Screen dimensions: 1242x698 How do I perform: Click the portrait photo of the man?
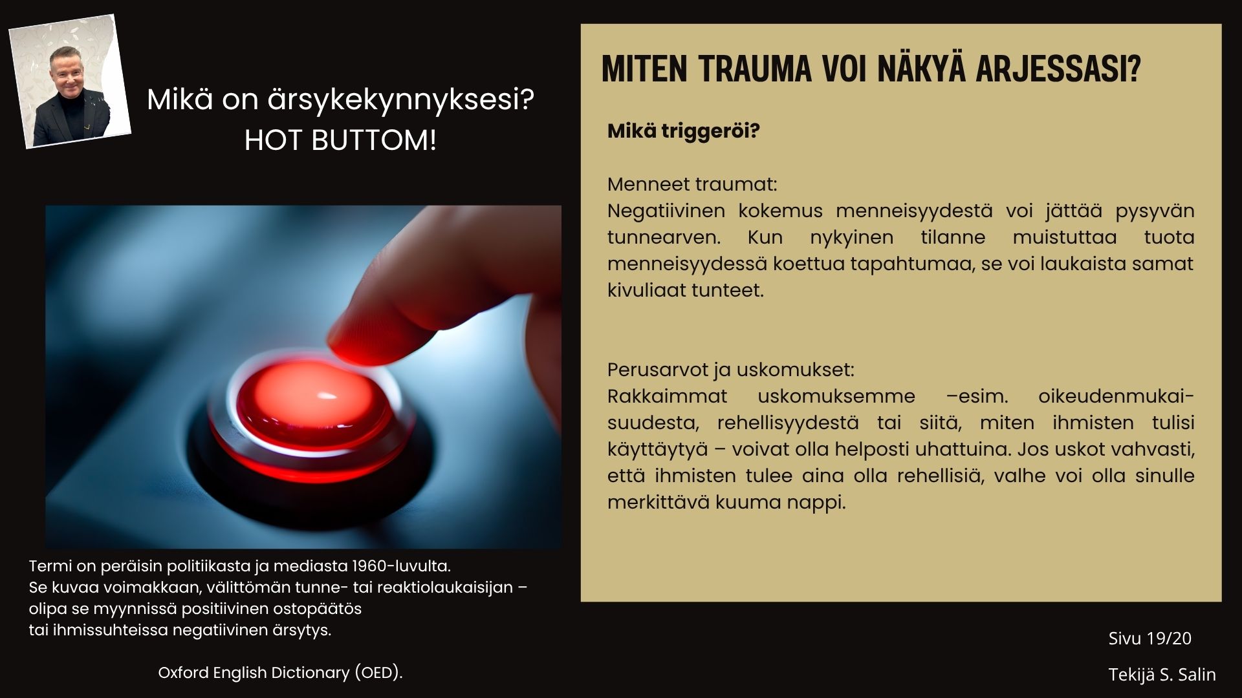click(70, 81)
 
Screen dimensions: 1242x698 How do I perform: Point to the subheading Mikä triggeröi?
click(683, 131)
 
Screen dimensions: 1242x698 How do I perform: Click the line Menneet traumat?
click(692, 184)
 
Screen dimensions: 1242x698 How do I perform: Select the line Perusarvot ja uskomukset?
click(730, 370)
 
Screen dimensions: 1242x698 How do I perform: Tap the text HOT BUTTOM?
click(340, 140)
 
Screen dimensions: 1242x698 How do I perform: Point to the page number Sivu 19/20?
click(1149, 639)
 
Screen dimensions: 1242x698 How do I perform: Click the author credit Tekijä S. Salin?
click(1162, 675)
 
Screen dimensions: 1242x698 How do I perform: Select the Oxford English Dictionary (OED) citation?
click(280, 673)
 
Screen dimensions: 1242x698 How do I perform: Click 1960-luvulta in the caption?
click(400, 566)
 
